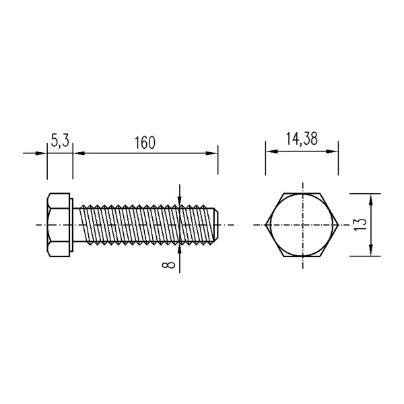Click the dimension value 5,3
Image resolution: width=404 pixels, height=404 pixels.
(60, 141)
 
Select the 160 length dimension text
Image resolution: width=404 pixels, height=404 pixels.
(145, 143)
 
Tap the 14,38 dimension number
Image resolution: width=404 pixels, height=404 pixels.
(302, 139)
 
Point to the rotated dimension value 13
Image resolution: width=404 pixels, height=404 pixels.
(360, 225)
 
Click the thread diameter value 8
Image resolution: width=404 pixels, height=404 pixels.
(168, 265)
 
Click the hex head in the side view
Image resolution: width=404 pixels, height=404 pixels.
(59, 225)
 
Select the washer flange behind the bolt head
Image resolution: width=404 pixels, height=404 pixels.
(71, 225)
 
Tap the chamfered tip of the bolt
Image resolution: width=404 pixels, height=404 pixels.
(217, 225)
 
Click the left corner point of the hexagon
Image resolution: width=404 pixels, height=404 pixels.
(266, 225)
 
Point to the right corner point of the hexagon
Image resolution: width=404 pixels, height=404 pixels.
(338, 225)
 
